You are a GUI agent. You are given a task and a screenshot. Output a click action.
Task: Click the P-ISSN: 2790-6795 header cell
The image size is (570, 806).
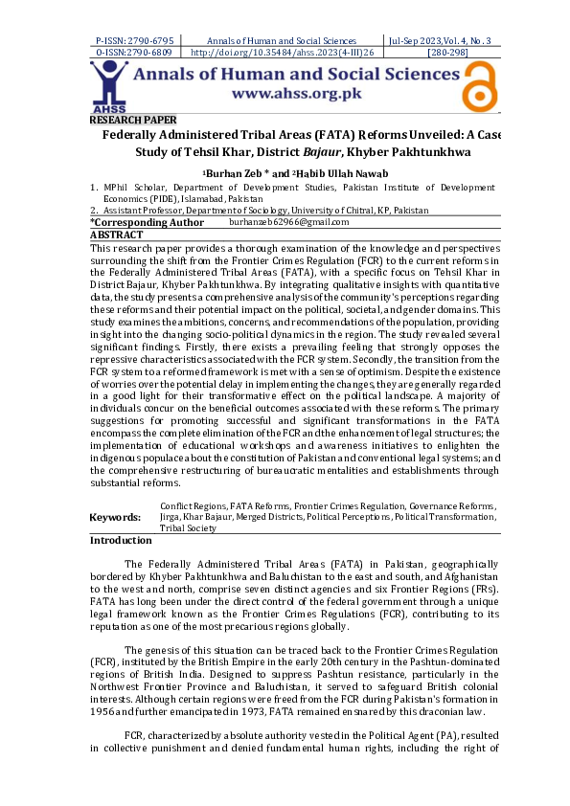tap(135, 41)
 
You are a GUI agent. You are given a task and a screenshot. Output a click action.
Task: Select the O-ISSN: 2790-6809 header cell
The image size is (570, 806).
tap(135, 53)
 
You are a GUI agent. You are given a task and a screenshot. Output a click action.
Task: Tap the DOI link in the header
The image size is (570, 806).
tap(282, 53)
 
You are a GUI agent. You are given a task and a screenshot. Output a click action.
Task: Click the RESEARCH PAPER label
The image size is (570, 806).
tap(133, 120)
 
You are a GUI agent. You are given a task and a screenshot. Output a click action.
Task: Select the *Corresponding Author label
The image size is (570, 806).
tap(147, 222)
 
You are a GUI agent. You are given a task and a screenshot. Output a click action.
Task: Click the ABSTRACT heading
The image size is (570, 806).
tap(116, 235)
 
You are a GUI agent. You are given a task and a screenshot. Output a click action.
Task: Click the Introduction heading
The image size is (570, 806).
tap(121, 541)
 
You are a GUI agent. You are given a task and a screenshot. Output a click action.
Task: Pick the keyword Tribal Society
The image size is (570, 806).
tap(188, 527)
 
